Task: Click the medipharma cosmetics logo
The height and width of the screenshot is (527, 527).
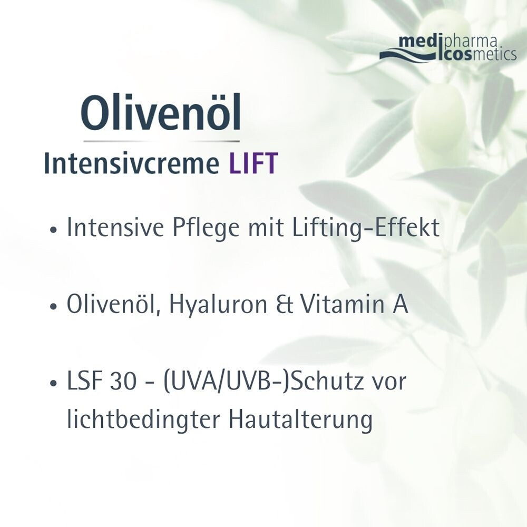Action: [448, 48]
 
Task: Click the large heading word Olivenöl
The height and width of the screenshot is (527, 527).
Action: [161, 113]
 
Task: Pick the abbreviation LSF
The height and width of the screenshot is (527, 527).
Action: [90, 382]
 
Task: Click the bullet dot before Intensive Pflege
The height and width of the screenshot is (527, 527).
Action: [52, 231]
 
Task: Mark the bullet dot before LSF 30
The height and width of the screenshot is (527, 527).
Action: [52, 384]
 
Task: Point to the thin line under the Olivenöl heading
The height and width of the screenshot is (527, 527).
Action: [161, 141]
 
